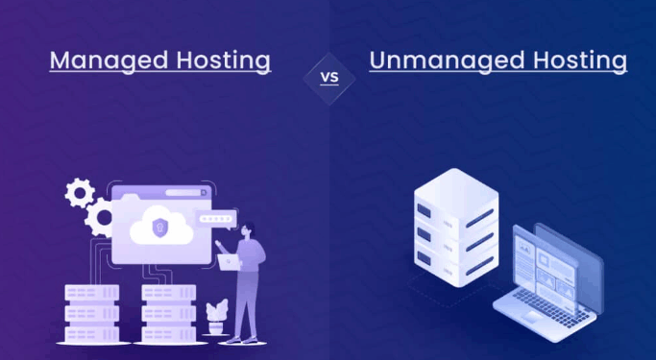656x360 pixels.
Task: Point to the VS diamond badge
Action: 328,77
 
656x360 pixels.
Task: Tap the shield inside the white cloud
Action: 160,228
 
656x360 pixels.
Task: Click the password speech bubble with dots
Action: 216,218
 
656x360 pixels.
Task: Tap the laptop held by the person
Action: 229,260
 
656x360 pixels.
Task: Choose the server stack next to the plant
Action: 168,307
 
